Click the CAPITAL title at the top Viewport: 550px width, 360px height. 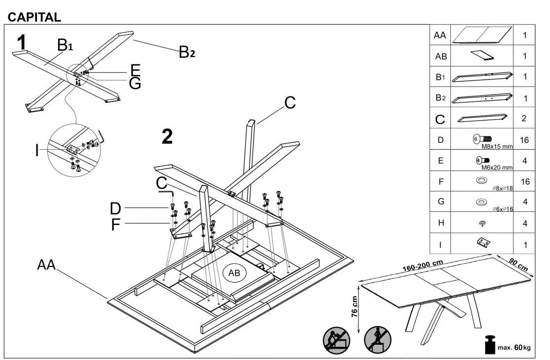click(34, 17)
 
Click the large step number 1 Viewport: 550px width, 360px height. click(22, 42)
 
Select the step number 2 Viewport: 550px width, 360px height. click(167, 136)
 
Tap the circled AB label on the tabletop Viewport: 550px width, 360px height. click(234, 273)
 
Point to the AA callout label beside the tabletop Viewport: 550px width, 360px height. click(47, 264)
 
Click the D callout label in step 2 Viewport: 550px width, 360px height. click(115, 208)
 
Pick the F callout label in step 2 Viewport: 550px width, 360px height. click(115, 225)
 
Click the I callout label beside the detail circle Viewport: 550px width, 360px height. click(37, 151)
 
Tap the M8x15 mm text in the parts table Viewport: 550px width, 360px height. click(497, 147)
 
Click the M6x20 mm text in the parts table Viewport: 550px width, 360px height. click(497, 167)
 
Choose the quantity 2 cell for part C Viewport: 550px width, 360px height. click(524, 118)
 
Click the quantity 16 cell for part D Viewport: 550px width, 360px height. click(524, 140)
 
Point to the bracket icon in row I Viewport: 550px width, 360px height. click(483, 242)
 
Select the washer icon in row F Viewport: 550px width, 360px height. click(482, 180)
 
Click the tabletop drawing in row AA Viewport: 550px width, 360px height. click(482, 35)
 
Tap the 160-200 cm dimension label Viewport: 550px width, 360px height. click(422, 265)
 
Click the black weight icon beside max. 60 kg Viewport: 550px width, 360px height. click(489, 345)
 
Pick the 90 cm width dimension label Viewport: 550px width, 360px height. click(518, 264)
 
